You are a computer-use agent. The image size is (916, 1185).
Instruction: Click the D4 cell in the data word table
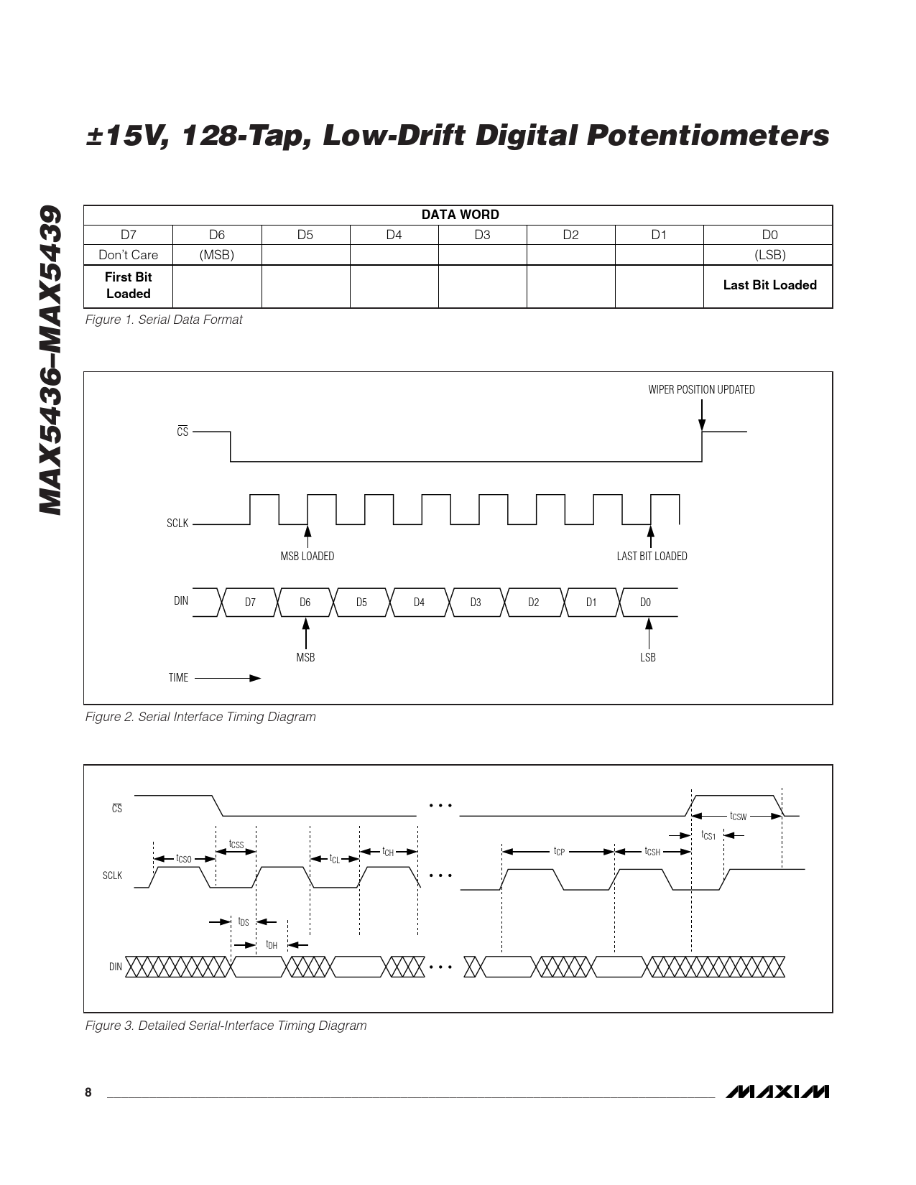coord(394,235)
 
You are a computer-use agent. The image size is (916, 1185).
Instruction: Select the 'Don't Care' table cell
coord(128,255)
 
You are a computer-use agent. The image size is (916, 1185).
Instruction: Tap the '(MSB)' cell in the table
coord(217,255)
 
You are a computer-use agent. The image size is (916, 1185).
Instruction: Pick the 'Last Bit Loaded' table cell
coord(769,285)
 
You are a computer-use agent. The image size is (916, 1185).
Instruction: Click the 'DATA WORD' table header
coord(460,214)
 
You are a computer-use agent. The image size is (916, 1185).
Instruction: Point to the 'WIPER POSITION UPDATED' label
coord(701,389)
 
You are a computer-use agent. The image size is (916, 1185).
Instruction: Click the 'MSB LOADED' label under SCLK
coord(307,557)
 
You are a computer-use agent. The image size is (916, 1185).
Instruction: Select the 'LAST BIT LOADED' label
coord(652,557)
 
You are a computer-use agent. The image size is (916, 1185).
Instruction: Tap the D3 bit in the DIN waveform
coord(476,602)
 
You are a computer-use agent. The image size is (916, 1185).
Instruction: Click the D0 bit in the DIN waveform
coord(645,602)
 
